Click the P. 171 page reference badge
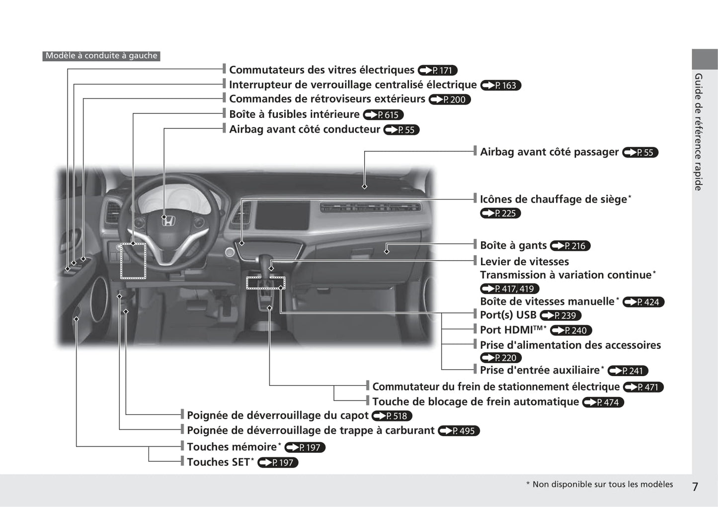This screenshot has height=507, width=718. pos(438,70)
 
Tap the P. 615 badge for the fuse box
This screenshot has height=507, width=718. pos(383,114)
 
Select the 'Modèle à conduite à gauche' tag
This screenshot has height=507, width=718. pos(101,56)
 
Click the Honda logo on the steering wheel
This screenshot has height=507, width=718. pos(168,220)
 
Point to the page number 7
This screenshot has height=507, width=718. pos(695,487)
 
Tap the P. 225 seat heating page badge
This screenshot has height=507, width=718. pos(500,213)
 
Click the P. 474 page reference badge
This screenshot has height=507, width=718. pos(603,402)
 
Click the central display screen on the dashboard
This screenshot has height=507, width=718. pos(283,215)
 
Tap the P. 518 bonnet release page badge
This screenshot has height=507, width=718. pos(392,416)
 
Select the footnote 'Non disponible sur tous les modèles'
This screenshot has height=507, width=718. pos(603,484)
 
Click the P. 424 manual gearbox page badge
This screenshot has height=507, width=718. pos(643,302)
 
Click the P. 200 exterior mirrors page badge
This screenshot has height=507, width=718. pos(450,100)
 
